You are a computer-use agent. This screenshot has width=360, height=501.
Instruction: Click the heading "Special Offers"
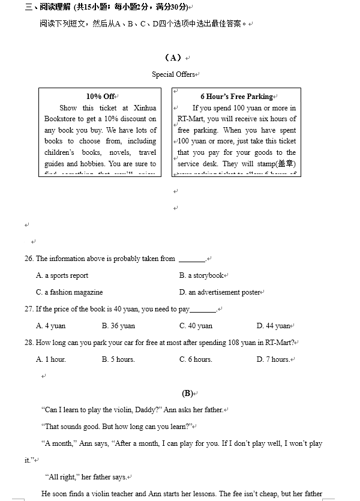[173, 74]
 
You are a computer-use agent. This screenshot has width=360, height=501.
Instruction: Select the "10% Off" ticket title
[100, 97]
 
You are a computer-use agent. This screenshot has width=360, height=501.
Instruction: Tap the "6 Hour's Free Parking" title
[236, 97]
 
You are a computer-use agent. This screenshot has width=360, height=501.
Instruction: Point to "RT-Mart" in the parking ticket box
[191, 119]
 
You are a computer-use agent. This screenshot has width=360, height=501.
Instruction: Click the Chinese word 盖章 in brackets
[284, 164]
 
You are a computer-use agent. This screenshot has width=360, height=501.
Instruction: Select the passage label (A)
[173, 58]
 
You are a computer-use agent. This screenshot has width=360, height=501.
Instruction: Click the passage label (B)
[187, 394]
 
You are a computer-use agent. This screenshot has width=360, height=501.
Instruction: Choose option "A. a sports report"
[62, 275]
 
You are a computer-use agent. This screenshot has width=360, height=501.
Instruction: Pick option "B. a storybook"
[201, 275]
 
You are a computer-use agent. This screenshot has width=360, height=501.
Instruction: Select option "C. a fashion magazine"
[69, 292]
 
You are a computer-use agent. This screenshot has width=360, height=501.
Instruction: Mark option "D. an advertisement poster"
[220, 292]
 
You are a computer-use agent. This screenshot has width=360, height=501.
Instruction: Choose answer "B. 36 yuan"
[118, 326]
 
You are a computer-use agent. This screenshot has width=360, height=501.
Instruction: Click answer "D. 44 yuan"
[273, 326]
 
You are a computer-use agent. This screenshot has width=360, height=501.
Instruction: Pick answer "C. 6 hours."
[196, 359]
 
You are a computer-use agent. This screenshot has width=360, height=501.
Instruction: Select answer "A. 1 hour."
[51, 359]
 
